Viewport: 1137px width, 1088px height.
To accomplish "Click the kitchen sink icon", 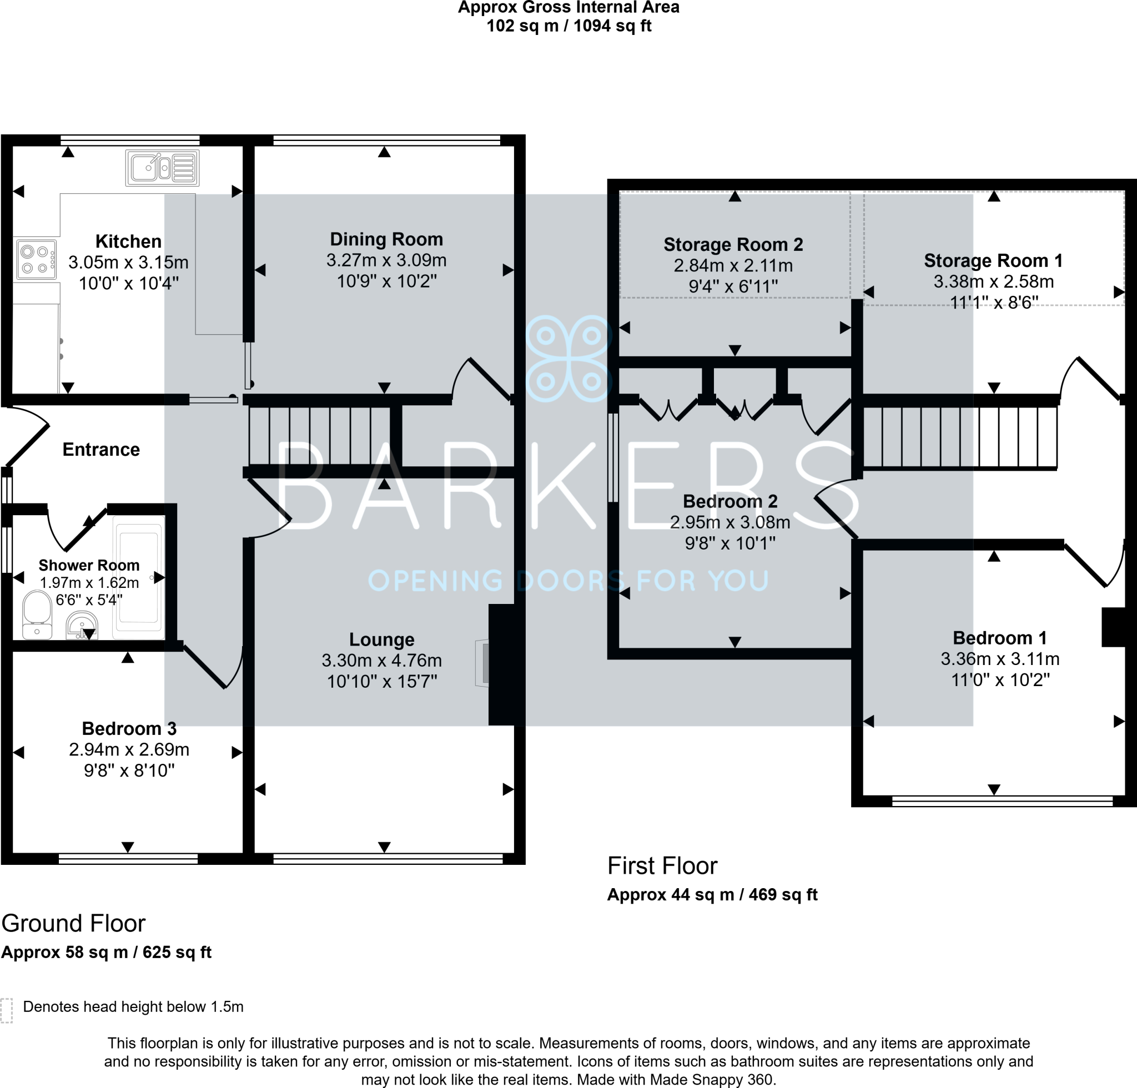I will (x=163, y=168).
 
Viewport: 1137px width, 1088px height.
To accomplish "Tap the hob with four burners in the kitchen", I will (x=36, y=260).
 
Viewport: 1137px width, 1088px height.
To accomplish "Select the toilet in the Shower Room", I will (x=37, y=614).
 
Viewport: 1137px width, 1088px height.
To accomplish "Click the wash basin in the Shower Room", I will (x=82, y=626).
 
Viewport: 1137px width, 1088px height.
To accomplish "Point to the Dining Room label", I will (x=386, y=239).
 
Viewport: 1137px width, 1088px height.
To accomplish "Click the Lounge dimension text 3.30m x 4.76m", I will (x=382, y=661).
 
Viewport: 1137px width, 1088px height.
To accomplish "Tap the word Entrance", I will (x=101, y=450).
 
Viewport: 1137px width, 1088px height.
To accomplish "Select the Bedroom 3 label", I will (x=129, y=728).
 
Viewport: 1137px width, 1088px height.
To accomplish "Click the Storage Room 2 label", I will (x=733, y=245).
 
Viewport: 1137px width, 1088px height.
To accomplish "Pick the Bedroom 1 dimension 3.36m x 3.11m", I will (x=1000, y=659).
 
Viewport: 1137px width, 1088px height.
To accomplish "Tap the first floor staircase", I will (x=959, y=437).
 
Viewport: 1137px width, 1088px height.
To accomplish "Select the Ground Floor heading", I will (x=73, y=923).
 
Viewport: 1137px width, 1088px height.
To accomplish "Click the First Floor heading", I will (x=662, y=866).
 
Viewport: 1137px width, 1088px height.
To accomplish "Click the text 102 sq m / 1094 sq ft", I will (x=568, y=26).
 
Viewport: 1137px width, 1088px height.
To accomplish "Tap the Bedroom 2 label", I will (x=730, y=501).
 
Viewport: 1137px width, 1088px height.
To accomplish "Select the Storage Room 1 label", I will (x=993, y=261).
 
